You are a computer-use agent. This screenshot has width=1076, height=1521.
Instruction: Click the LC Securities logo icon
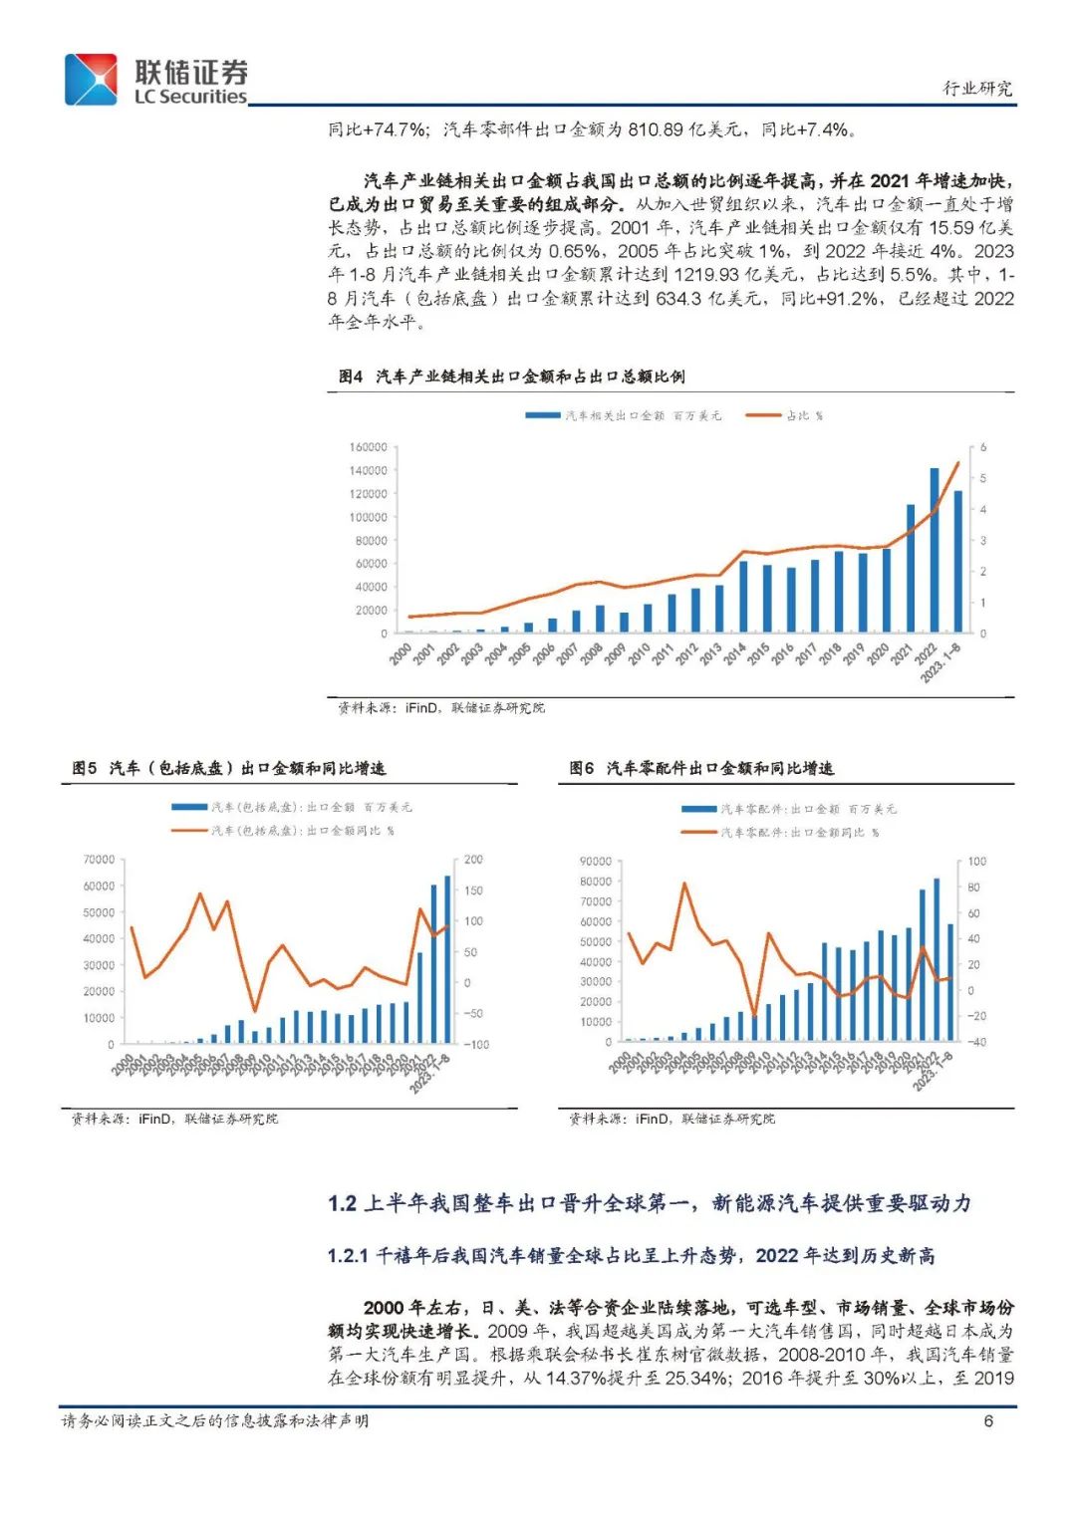92,80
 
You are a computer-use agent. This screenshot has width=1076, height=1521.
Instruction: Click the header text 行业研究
976,88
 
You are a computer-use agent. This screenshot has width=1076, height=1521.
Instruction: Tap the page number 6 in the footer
988,1420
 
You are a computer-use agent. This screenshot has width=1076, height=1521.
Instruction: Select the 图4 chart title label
351,377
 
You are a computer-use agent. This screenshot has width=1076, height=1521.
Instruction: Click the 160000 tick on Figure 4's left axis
369,447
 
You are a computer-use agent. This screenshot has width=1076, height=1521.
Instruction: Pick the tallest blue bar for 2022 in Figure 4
935,550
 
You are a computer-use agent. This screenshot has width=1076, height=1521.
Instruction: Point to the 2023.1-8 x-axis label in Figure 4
941,662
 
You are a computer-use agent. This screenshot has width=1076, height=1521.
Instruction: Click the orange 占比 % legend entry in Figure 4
785,415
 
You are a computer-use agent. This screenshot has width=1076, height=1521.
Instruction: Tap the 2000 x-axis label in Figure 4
401,653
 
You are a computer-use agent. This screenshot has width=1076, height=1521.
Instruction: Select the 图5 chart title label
85,768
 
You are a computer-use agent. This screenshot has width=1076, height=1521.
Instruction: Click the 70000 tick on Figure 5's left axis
99,860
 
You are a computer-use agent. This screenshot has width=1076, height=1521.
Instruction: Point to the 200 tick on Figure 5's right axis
473,860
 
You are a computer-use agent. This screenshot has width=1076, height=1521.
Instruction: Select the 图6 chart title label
582,768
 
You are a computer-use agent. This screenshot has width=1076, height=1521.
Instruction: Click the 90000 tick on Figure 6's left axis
596,862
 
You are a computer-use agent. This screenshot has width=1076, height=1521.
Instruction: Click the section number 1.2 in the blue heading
342,1203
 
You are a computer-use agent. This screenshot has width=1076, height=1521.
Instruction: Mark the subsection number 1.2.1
348,1256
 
